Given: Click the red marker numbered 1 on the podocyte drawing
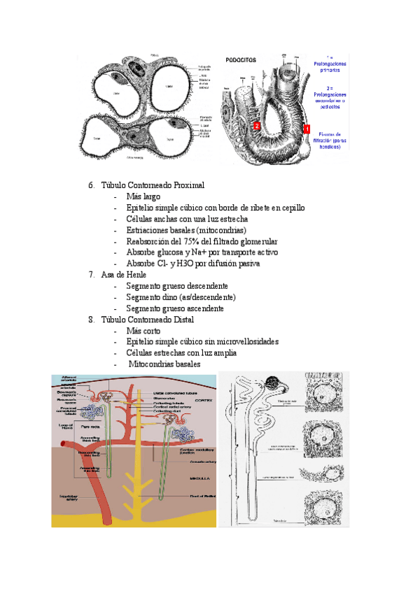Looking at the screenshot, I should click(x=306, y=129).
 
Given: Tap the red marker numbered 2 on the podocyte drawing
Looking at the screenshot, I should click(x=257, y=126).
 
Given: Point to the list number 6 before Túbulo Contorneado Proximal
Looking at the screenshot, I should click(x=91, y=185).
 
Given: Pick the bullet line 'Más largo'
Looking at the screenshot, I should click(x=143, y=197).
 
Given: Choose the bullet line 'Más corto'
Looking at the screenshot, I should click(x=143, y=331).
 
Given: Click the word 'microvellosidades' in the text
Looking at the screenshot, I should click(x=244, y=342).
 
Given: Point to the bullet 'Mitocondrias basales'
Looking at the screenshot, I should click(x=164, y=364).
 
